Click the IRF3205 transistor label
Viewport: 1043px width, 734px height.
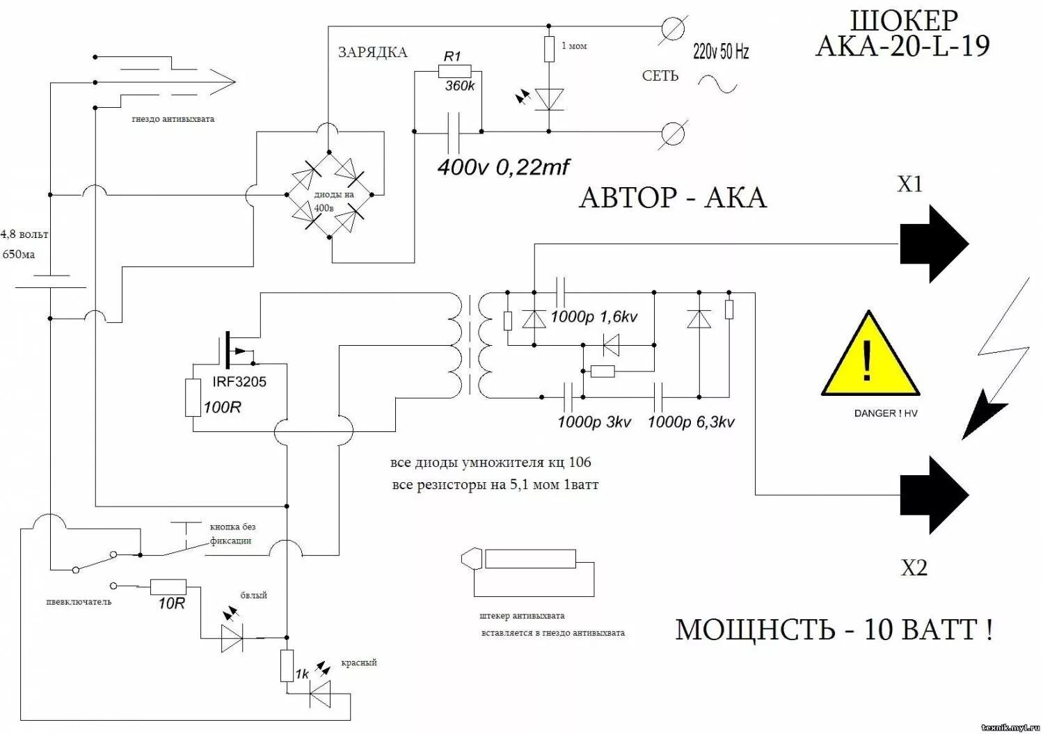point(239,382)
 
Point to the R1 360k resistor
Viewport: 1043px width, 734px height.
point(455,71)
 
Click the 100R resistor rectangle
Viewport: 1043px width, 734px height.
point(193,398)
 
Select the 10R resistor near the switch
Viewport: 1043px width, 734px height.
point(168,587)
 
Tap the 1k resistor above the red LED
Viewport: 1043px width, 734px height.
point(287,666)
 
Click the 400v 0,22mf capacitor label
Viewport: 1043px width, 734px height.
point(503,168)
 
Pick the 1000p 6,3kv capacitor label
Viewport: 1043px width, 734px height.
point(691,422)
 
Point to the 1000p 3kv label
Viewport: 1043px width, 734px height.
point(594,422)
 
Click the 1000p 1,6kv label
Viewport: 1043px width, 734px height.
point(594,317)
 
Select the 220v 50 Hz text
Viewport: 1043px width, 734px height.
point(721,51)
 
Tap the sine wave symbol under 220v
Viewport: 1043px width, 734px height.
point(717,85)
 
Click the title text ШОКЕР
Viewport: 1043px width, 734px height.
point(904,21)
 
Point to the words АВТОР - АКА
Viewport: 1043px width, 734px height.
point(672,198)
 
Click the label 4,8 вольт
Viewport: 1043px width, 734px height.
point(25,234)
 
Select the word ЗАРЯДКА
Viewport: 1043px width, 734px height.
point(372,53)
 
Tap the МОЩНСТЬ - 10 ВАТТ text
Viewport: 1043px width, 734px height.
point(833,630)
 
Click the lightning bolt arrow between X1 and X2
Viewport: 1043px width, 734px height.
point(995,362)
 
